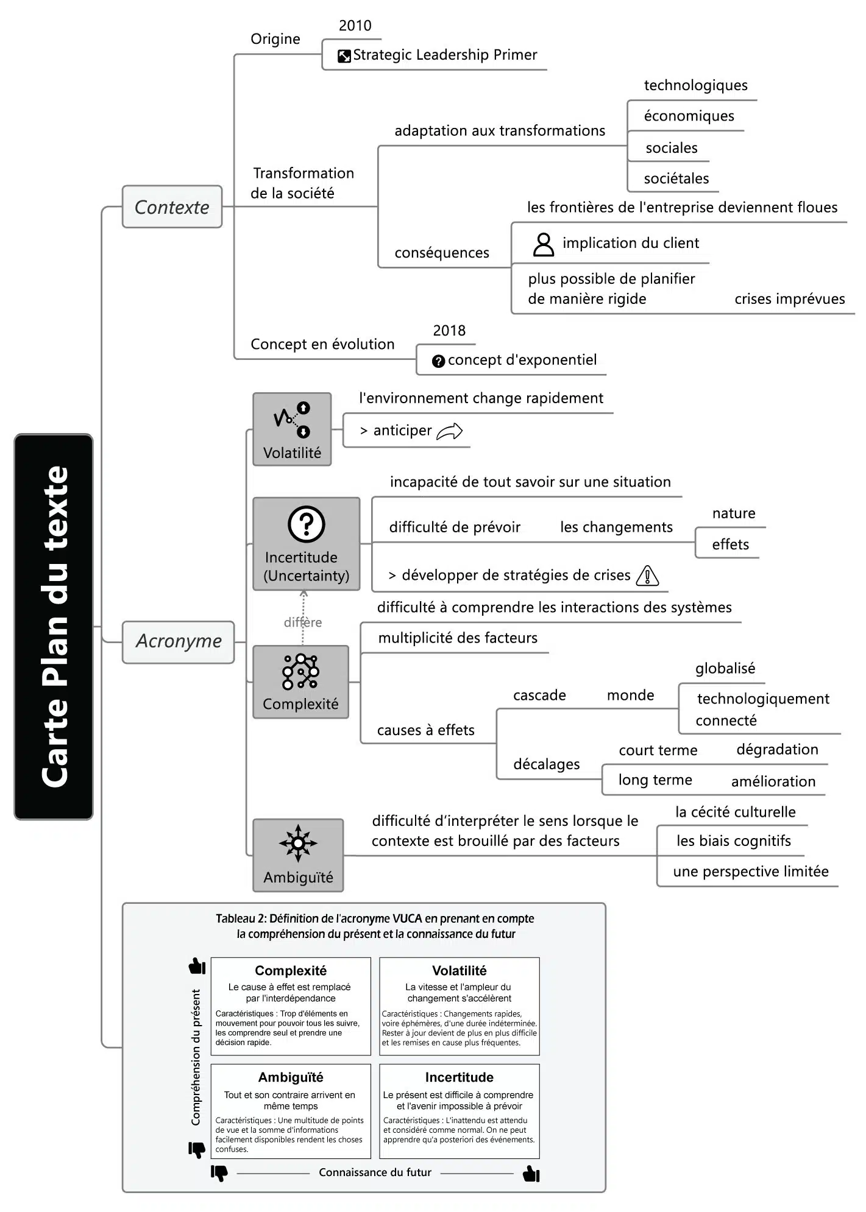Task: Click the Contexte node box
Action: (172, 207)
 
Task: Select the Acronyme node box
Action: (178, 641)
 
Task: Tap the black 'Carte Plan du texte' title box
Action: (54, 626)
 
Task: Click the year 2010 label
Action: (355, 26)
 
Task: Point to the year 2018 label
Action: (449, 331)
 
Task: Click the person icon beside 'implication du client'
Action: (543, 244)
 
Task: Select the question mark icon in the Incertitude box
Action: (306, 524)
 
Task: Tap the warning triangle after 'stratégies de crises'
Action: (647, 576)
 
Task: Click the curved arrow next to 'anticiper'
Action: (450, 431)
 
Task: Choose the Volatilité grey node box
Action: (292, 429)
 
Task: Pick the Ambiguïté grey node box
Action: (298, 855)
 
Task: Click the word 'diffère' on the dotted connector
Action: (303, 622)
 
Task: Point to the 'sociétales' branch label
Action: (676, 178)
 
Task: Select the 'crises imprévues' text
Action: (789, 299)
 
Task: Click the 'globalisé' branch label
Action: (725, 668)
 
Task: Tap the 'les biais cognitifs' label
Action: (733, 841)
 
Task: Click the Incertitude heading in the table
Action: (459, 1077)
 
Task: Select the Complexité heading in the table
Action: (291, 971)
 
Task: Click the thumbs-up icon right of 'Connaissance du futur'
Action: (531, 1173)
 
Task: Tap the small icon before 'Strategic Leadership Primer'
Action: (344, 56)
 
